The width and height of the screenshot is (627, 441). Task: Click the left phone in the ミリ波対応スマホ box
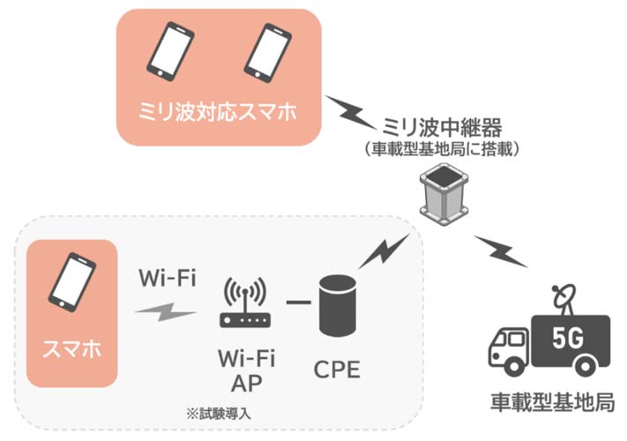[171, 51]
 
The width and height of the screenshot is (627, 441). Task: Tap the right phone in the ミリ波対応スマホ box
[268, 52]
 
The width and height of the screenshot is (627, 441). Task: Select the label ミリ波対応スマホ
[218, 111]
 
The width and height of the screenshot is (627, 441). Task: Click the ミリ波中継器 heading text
[442, 127]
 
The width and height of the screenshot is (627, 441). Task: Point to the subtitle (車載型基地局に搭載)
[442, 149]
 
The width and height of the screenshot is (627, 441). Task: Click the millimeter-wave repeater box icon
[444, 194]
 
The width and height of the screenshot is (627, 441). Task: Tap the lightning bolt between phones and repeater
[352, 112]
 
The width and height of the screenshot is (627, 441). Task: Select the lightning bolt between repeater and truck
[501, 251]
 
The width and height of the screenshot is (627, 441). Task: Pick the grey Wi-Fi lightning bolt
[166, 312]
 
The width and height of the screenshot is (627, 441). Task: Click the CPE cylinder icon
[338, 305]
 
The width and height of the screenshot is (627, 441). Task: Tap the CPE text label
[337, 370]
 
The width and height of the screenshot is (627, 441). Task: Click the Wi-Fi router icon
[245, 303]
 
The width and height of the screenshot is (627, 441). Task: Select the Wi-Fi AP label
[247, 370]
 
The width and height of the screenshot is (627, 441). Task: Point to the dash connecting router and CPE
[298, 302]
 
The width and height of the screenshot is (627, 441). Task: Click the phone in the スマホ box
[72, 282]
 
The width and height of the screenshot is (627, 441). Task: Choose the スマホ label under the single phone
[72, 349]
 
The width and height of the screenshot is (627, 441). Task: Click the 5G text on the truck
[568, 338]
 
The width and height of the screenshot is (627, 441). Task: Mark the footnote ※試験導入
[219, 414]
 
